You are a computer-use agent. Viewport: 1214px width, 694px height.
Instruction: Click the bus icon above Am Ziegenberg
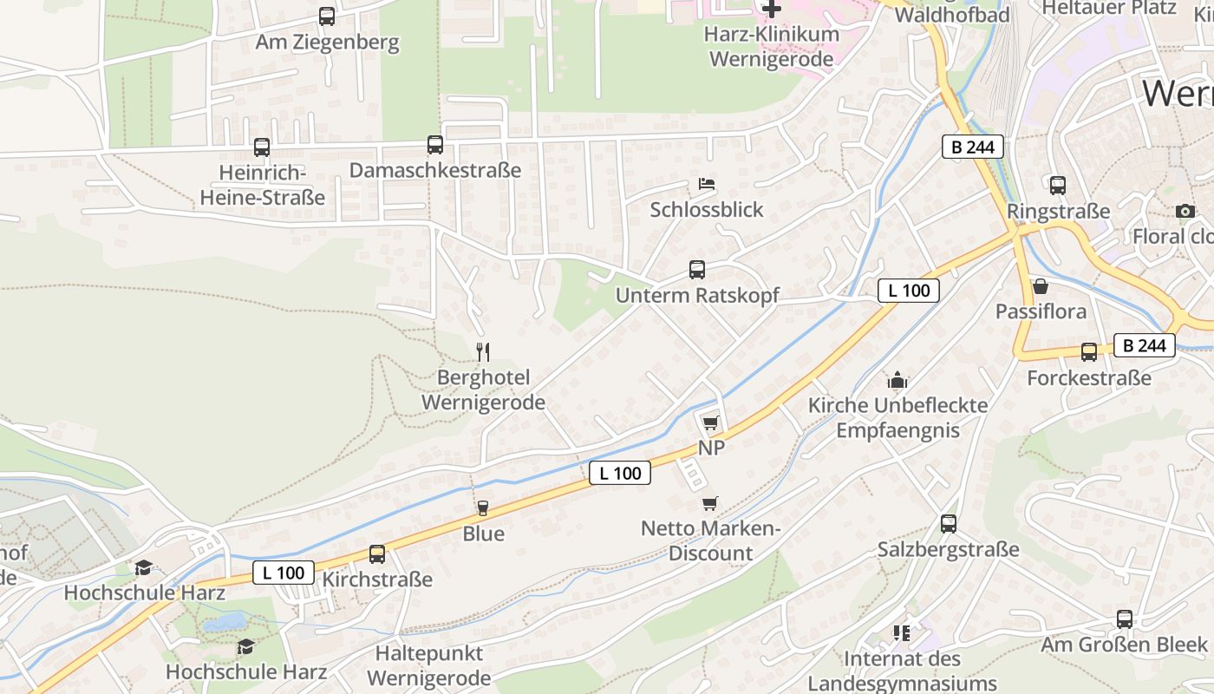pyautogui.click(x=327, y=16)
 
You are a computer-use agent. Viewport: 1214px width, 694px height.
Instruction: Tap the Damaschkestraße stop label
pyautogui.click(x=435, y=170)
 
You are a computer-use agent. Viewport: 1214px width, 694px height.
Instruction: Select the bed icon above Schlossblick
pyautogui.click(x=707, y=184)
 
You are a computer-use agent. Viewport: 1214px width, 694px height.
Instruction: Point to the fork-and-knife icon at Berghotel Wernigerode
pyautogui.click(x=483, y=351)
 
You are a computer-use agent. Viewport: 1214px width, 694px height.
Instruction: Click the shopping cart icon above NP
pyautogui.click(x=711, y=422)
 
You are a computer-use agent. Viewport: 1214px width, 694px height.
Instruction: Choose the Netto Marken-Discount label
pyautogui.click(x=711, y=540)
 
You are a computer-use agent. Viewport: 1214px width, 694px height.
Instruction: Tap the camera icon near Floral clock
pyautogui.click(x=1185, y=211)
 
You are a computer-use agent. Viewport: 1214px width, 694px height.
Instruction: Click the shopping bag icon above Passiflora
pyautogui.click(x=1041, y=286)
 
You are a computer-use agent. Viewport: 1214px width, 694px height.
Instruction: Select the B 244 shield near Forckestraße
pyautogui.click(x=1145, y=345)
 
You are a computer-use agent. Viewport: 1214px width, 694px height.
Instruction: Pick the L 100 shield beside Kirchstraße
pyautogui.click(x=284, y=573)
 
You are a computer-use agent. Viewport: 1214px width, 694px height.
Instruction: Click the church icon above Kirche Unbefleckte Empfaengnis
pyautogui.click(x=897, y=380)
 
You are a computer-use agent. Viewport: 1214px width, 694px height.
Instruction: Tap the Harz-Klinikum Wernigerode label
pyautogui.click(x=772, y=47)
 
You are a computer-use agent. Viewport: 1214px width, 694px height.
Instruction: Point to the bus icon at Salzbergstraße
pyautogui.click(x=949, y=524)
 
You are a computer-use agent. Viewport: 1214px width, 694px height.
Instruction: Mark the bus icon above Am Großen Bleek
pyautogui.click(x=1125, y=619)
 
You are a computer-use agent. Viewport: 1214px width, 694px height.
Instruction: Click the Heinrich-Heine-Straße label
pyautogui.click(x=263, y=185)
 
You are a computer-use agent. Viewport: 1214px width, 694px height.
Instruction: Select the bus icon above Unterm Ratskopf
pyautogui.click(x=697, y=270)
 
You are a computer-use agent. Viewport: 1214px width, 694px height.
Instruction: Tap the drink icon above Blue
pyautogui.click(x=483, y=508)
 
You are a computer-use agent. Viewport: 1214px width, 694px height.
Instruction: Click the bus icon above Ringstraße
pyautogui.click(x=1058, y=185)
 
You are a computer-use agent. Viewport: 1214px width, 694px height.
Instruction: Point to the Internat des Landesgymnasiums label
pyautogui.click(x=902, y=671)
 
